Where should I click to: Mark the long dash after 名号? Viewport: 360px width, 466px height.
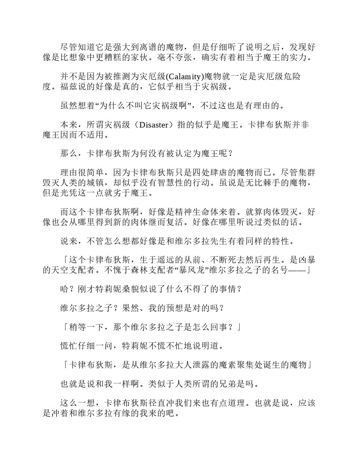297,270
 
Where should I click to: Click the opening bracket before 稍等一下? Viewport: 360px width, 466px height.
64,327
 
